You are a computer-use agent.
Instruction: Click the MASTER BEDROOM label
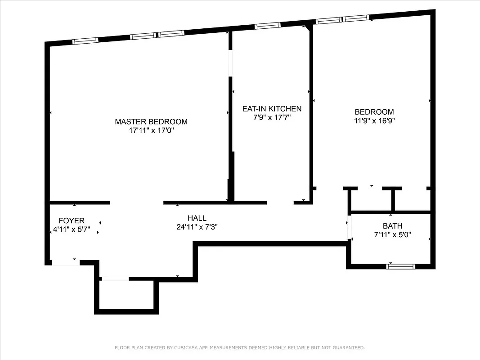[x=151, y=121]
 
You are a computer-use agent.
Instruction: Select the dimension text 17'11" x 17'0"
[x=151, y=130]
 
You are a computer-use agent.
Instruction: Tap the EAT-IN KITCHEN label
[x=272, y=109]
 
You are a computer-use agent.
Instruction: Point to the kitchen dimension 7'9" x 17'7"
[x=272, y=118]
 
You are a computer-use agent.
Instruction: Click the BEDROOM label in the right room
[x=374, y=112]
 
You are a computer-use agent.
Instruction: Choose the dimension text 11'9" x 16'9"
[x=374, y=121]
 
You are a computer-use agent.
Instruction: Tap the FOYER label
[x=72, y=220]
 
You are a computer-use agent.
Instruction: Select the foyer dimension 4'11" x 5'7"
[x=72, y=229]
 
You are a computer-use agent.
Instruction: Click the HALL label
[x=197, y=218]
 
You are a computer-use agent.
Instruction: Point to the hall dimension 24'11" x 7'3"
[x=197, y=227]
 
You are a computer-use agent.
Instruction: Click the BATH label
[x=393, y=226]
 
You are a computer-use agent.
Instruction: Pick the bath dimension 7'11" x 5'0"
[x=393, y=235]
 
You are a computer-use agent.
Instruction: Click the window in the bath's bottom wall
[x=400, y=266]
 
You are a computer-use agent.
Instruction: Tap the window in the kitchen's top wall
[x=268, y=26]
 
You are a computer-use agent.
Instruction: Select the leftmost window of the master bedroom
[x=85, y=41]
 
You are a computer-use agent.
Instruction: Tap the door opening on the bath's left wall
[x=348, y=229]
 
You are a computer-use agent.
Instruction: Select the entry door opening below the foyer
[x=66, y=262]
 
